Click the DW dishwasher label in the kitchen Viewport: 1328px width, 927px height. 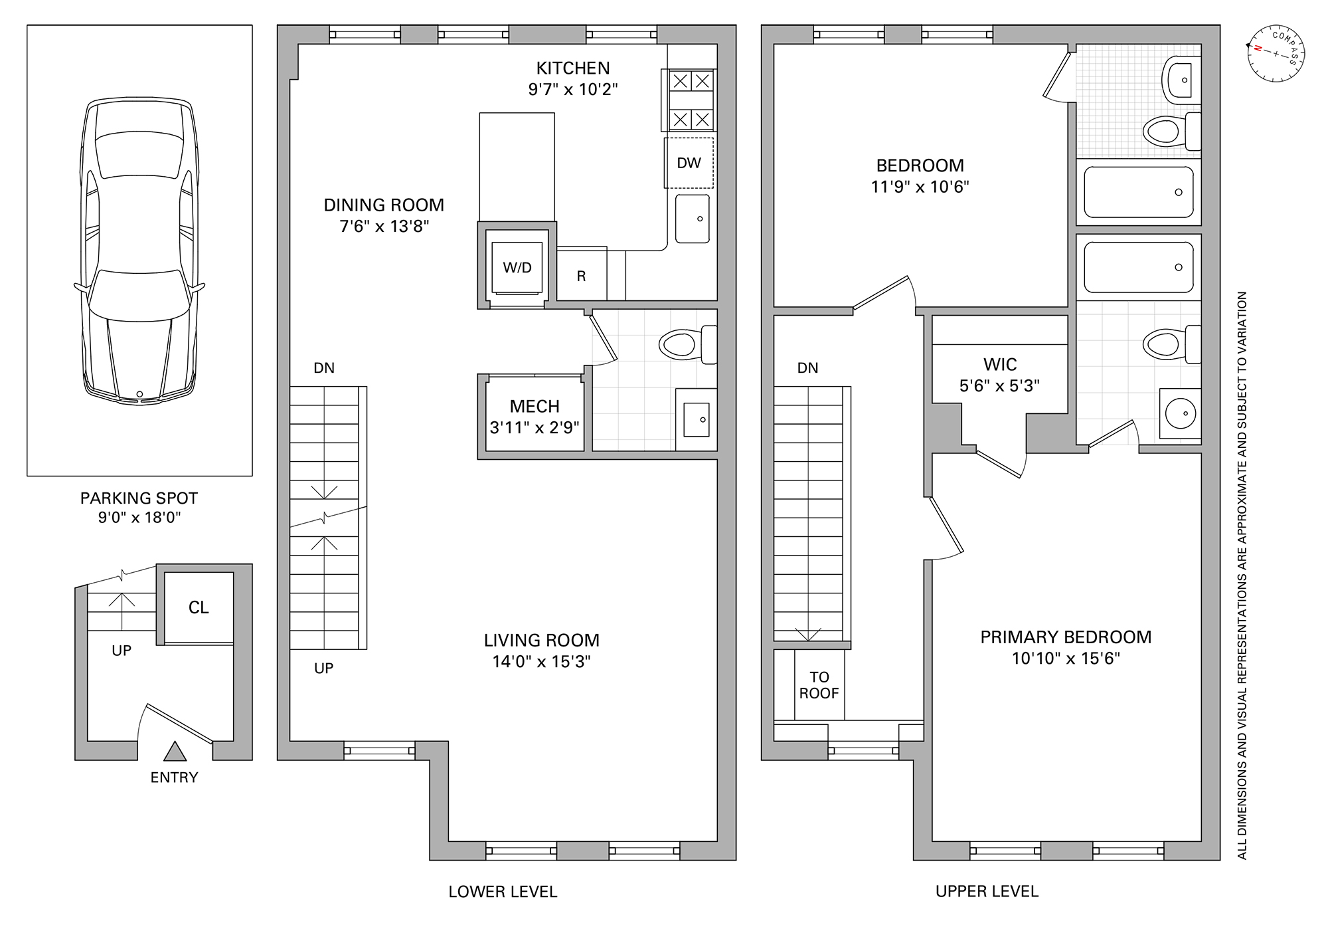pyautogui.click(x=689, y=163)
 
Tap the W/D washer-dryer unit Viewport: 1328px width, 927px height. pyautogui.click(x=517, y=268)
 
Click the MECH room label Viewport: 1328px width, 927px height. pyautogui.click(x=535, y=406)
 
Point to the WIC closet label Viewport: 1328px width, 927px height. pyautogui.click(x=1000, y=364)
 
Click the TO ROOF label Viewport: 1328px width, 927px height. pyautogui.click(x=819, y=685)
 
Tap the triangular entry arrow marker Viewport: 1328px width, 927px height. pyautogui.click(x=175, y=751)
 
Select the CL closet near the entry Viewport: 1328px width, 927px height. pyautogui.click(x=199, y=607)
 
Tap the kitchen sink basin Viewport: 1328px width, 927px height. pyautogui.click(x=693, y=219)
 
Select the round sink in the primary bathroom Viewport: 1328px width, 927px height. pyautogui.click(x=1180, y=413)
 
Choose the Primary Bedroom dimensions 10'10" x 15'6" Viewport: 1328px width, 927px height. pyautogui.click(x=1066, y=659)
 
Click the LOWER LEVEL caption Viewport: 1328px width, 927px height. pyautogui.click(x=503, y=892)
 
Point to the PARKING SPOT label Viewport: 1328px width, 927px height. pyautogui.click(x=139, y=498)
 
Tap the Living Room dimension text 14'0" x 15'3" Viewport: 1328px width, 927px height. pyautogui.click(x=542, y=662)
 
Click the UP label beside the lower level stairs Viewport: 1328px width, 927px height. pyautogui.click(x=323, y=669)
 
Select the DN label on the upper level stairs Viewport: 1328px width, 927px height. pyautogui.click(x=807, y=368)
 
